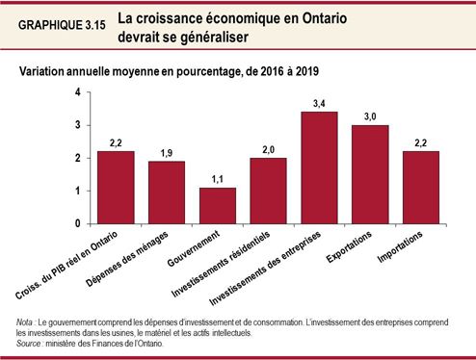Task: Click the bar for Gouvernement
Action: [217, 206]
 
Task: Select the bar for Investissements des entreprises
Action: [319, 168]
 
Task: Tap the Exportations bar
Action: [370, 175]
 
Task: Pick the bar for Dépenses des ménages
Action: [167, 193]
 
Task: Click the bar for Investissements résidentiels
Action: [268, 191]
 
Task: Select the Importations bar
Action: [420, 188]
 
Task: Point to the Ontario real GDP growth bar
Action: [116, 188]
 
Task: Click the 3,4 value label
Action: [319, 102]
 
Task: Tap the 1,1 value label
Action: [217, 178]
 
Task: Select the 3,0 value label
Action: [370, 116]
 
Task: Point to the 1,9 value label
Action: [167, 152]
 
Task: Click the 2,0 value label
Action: [268, 148]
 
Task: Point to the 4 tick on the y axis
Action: [77, 92]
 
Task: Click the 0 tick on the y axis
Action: [77, 224]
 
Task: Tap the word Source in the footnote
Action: [30, 343]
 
